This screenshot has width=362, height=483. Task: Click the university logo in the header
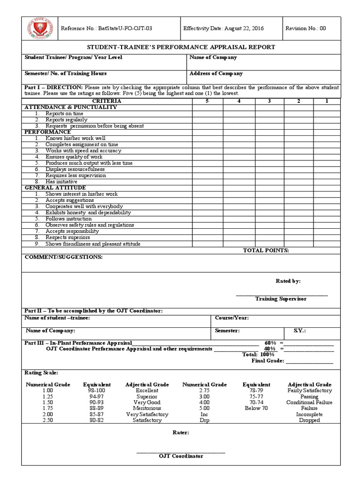click(37, 29)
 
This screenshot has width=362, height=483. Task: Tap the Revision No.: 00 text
click(305, 28)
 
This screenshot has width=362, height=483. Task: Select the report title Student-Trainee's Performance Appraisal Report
click(181, 48)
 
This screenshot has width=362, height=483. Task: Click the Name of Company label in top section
click(213, 58)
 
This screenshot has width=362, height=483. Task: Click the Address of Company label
click(216, 74)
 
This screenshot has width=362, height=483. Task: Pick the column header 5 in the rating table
click(206, 101)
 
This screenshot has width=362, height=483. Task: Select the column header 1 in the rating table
click(327, 101)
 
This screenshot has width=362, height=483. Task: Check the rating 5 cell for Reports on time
click(207, 114)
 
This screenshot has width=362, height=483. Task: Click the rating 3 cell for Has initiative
click(269, 182)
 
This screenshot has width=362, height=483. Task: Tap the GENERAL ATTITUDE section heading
click(55, 188)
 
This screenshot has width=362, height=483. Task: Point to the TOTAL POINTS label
click(266, 250)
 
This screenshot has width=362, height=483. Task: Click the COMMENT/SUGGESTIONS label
click(63, 257)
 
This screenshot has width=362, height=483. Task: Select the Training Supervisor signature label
click(280, 299)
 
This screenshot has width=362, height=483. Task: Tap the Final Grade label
click(267, 361)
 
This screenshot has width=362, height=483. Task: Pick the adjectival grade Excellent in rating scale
click(147, 391)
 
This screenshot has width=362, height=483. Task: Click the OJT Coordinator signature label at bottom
click(181, 456)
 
